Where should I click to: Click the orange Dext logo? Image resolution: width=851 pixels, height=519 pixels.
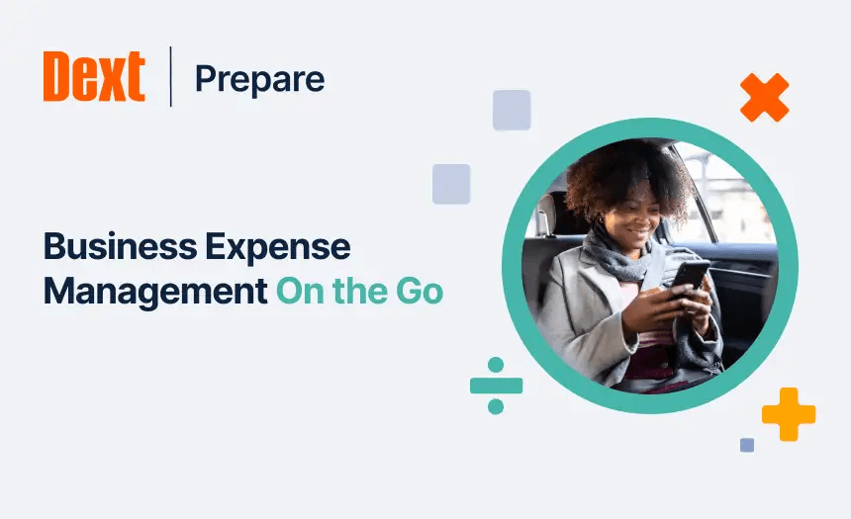click(x=94, y=77)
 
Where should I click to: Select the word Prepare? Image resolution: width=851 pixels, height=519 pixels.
click(x=259, y=78)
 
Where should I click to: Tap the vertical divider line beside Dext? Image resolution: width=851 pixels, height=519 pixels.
click(x=170, y=76)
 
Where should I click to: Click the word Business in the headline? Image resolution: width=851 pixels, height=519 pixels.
click(x=107, y=247)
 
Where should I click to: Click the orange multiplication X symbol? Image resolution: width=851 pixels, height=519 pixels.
click(x=764, y=98)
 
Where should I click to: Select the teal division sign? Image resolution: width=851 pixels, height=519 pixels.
click(x=496, y=386)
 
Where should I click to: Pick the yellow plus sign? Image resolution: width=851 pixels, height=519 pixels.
click(x=789, y=414)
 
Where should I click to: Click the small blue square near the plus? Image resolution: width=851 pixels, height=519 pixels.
click(x=747, y=445)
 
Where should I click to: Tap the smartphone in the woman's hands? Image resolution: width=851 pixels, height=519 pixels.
click(x=690, y=276)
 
